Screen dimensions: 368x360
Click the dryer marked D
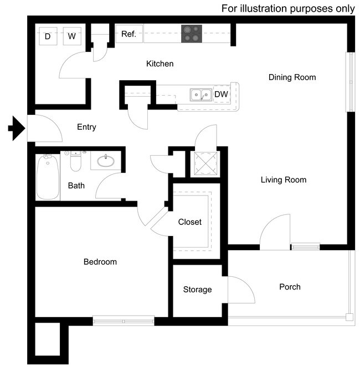pos(48,36)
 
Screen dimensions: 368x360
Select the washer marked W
pos(71,36)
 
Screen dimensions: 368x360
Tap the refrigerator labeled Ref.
pos(128,34)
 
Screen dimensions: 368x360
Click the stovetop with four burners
pos(192,34)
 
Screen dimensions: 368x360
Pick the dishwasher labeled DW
pos(221,94)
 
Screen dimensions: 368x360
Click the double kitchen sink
pos(200,95)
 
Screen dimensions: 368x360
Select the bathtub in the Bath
pos(48,177)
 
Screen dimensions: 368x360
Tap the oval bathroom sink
pos(106,161)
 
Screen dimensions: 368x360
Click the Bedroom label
pos(100,261)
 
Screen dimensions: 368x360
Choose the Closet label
pos(189,222)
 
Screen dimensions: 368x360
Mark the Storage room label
pos(197,290)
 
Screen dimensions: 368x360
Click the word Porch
pos(290,287)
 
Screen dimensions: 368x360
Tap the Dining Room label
pos(292,77)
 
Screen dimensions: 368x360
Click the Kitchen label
pos(160,64)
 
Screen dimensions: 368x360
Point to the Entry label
pos(86,127)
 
